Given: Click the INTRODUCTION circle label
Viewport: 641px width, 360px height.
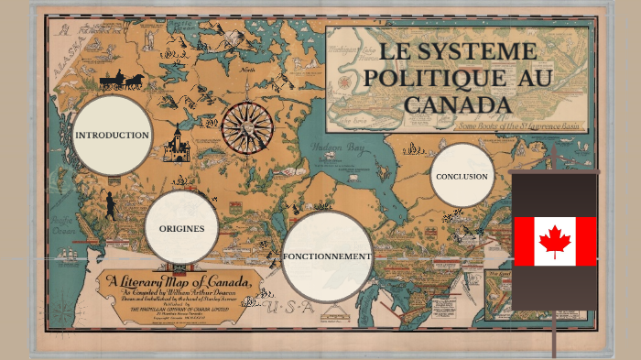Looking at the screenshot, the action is (112, 136).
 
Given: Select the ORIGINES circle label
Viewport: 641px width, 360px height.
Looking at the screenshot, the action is (181, 228).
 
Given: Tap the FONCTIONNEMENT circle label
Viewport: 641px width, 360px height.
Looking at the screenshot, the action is (327, 256).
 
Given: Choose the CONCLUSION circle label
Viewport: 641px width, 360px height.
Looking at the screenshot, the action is (462, 176).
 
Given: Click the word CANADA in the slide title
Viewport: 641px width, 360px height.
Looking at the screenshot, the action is (457, 104).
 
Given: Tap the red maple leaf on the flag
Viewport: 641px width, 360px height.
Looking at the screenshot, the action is (554, 242).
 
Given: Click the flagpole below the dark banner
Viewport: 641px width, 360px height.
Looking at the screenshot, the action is (554, 334).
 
